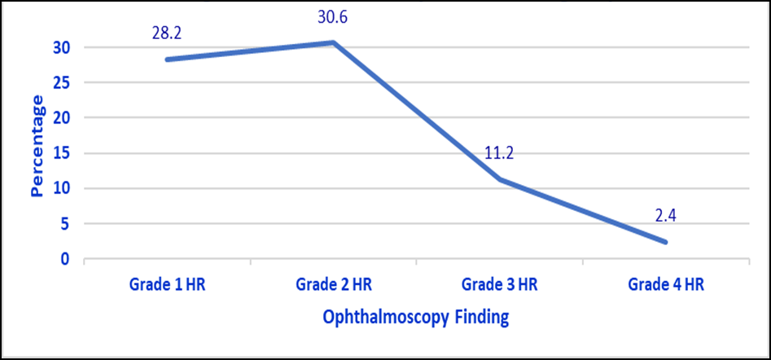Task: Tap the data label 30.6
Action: tap(333, 18)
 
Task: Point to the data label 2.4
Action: tap(666, 217)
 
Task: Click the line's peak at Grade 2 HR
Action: tap(333, 43)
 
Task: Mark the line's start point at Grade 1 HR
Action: tap(168, 59)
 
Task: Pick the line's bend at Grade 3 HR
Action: tap(500, 179)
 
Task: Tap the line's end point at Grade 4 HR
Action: tap(665, 242)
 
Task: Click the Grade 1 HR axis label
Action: tap(167, 285)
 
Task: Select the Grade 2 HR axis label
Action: tap(334, 285)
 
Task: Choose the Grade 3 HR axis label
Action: tap(500, 285)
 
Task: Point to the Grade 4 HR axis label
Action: tap(666, 285)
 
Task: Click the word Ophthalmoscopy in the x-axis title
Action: tap(386, 318)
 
